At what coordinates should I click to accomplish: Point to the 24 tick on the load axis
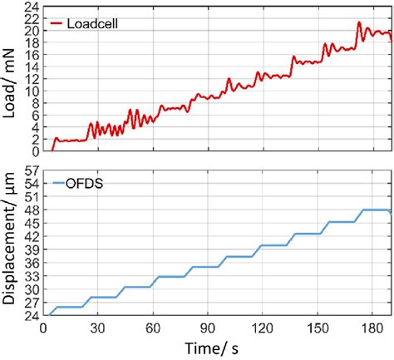coord(32,6)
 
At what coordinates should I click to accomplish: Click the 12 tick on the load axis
coord(32,79)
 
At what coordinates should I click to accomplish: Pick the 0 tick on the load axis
coord(35,151)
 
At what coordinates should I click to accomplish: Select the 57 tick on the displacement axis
coord(32,170)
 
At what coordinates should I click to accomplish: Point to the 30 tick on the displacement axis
coord(32,288)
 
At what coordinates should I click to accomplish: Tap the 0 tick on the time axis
coord(44,327)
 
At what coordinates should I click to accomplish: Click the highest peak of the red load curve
coord(358,22)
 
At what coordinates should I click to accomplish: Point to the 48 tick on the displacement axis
coord(32,210)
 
